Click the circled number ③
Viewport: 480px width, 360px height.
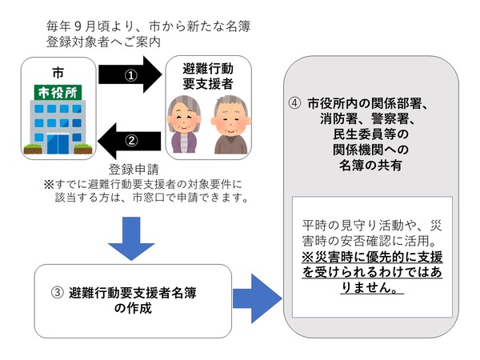click(x=57, y=293)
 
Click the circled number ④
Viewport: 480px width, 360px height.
click(x=295, y=104)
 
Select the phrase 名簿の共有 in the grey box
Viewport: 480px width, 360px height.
click(x=370, y=166)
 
